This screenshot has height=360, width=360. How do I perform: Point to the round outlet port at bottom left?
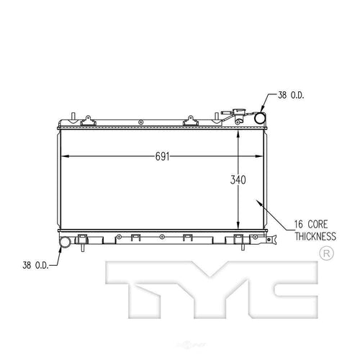(66, 242)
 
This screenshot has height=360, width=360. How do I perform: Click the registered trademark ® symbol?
(324, 253)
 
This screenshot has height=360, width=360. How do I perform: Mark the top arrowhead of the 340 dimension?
(240, 133)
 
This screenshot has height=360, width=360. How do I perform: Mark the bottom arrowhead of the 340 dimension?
(240, 229)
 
